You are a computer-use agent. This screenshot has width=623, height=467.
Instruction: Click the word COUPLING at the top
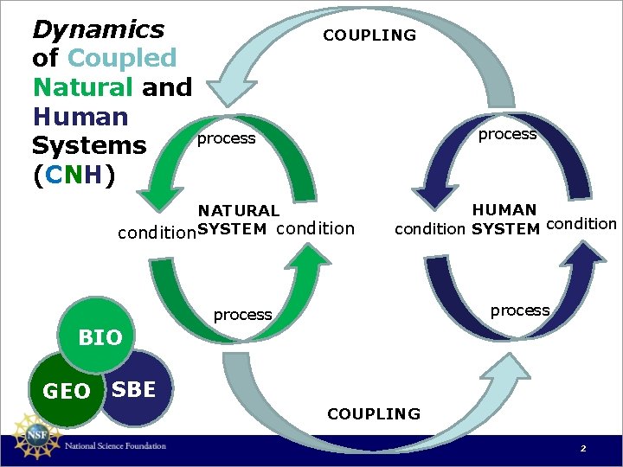pos(369,35)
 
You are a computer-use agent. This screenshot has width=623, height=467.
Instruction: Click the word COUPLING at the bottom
pos(374,414)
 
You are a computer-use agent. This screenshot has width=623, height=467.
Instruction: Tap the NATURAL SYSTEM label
pos(238,220)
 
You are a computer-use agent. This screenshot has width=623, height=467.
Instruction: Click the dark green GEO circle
pos(65,393)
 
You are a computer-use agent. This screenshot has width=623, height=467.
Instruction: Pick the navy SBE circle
pos(137,390)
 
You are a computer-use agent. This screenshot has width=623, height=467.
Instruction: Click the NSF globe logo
pos(32,437)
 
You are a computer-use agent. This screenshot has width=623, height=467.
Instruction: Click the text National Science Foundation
pos(115,446)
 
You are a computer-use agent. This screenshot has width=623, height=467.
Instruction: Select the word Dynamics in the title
pos(98,29)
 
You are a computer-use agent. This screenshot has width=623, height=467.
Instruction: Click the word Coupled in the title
pos(121,59)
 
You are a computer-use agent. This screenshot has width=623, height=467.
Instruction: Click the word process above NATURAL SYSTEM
pos(226,138)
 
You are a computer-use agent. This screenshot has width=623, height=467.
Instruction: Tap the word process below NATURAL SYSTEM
pos(242,315)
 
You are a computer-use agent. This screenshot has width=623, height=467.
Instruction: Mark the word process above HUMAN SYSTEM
pos(507,134)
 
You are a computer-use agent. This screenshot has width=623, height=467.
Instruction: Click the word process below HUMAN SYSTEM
pos(520,310)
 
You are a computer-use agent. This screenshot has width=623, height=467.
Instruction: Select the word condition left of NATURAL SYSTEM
pos(157,232)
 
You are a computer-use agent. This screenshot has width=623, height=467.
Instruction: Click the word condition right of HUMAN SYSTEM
pos(582,224)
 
